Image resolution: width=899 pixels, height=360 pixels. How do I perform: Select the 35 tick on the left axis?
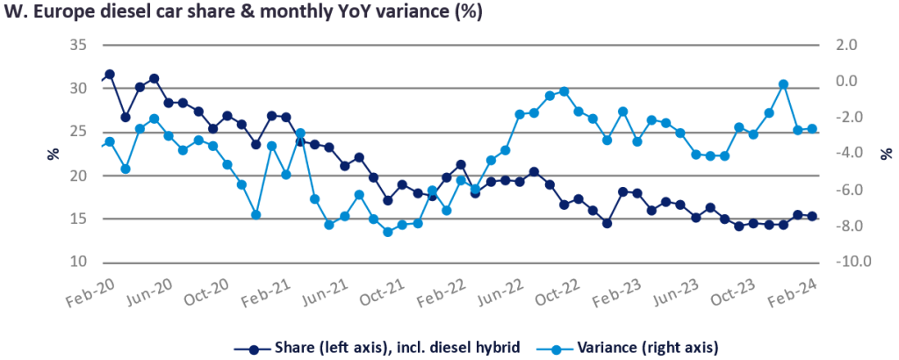pyautogui.click(x=77, y=45)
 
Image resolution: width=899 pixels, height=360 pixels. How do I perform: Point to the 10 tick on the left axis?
pyautogui.click(x=77, y=263)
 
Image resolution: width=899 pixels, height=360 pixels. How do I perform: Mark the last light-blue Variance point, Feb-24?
pyautogui.click(x=812, y=129)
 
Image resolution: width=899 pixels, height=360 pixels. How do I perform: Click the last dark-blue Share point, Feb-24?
pyautogui.click(x=812, y=216)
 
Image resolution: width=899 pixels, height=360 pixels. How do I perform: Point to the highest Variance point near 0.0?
pyautogui.click(x=783, y=84)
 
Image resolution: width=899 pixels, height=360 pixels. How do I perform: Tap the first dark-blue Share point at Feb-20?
pyautogui.click(x=110, y=75)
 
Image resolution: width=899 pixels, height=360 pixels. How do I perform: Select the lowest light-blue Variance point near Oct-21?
pyautogui.click(x=387, y=232)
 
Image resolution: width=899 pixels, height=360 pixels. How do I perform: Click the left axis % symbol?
pyautogui.click(x=53, y=153)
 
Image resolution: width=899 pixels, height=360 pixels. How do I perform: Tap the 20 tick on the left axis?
pyautogui.click(x=77, y=176)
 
